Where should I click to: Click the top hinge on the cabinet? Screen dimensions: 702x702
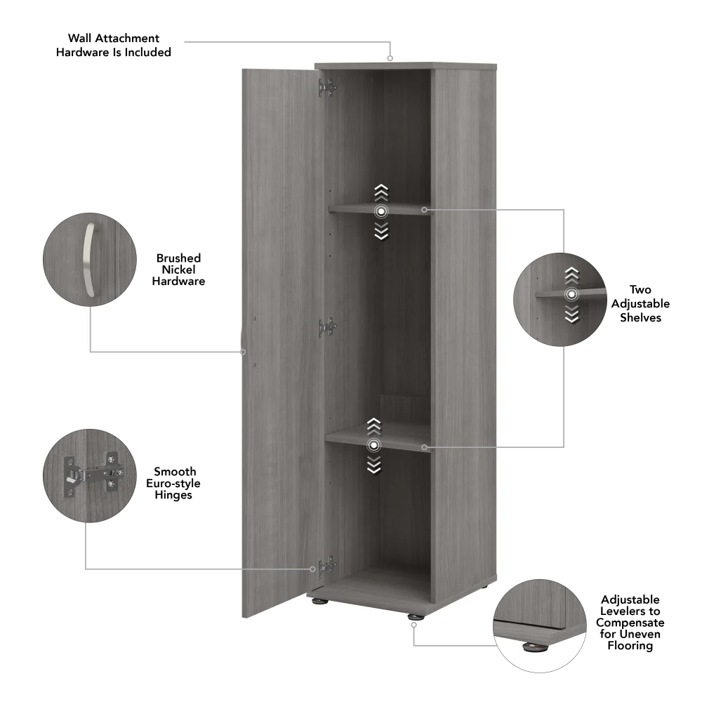(326, 88)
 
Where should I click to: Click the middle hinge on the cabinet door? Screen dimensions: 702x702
(326, 327)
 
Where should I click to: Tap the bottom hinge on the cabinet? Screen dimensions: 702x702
(326, 565)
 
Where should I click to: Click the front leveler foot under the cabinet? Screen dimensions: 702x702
(416, 616)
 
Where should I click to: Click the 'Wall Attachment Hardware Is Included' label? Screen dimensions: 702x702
(114, 45)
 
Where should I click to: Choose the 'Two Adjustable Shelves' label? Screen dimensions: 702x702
(640, 303)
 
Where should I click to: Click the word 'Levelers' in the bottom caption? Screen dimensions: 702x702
(630, 611)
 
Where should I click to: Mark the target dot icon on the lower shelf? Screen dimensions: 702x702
(374, 444)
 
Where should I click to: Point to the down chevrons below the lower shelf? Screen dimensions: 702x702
(374, 464)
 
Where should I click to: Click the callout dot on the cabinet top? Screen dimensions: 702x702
(390, 59)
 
